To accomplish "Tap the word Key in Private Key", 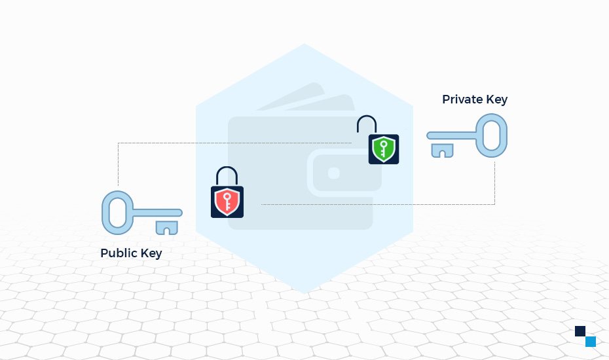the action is (497, 100).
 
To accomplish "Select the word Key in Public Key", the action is (151, 253).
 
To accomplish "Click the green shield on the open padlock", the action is (383, 150).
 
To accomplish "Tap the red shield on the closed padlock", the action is (227, 202).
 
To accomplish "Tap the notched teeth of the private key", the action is (443, 151).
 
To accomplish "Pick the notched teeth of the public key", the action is (166, 228).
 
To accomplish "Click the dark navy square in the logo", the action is (580, 331).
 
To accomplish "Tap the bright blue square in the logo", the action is (591, 342).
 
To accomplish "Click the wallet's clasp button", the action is (333, 173).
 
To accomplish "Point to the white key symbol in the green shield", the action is (383, 150).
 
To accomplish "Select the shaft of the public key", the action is (157, 213).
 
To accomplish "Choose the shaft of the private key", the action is (452, 135).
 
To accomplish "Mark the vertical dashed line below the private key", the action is (494, 183).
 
